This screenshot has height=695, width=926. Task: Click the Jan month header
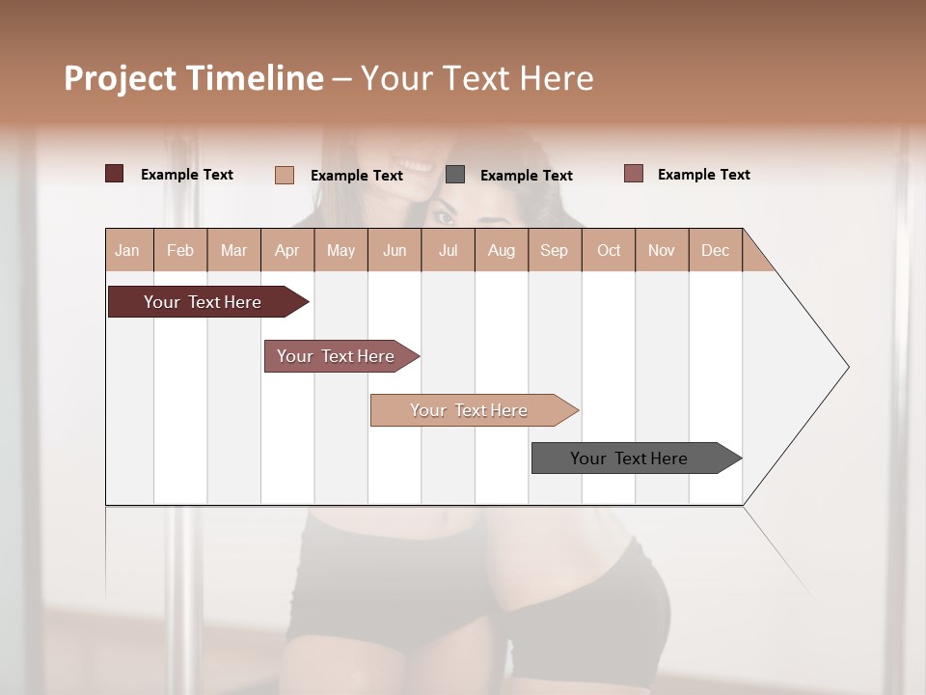(x=128, y=250)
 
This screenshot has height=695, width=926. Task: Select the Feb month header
(x=180, y=250)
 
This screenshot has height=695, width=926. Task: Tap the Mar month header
(x=233, y=250)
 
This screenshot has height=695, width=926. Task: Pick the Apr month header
(x=287, y=250)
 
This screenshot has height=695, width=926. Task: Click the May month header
(x=340, y=250)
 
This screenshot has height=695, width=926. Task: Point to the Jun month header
(x=395, y=250)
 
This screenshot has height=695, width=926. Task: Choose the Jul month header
(x=448, y=250)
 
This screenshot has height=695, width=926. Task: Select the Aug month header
(x=502, y=250)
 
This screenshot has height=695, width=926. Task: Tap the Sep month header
(x=555, y=250)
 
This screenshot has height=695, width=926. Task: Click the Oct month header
(x=609, y=250)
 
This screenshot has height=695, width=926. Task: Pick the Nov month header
(x=662, y=250)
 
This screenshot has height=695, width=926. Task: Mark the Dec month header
(x=716, y=250)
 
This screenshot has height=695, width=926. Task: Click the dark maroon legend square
(x=115, y=174)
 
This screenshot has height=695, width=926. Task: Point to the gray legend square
(x=455, y=174)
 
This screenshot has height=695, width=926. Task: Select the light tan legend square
(x=285, y=175)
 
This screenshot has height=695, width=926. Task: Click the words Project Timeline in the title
(x=194, y=78)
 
